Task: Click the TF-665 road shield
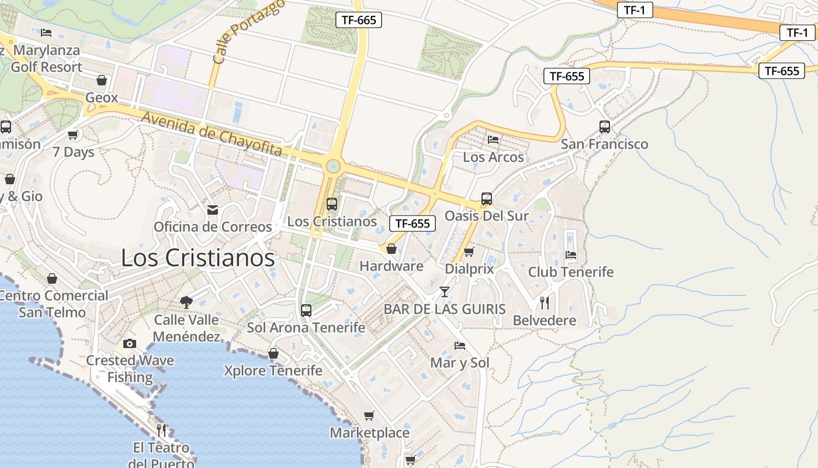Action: [x=359, y=20]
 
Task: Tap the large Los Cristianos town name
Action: [x=197, y=258]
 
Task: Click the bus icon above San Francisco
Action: [x=605, y=126]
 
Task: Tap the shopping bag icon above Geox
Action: [x=102, y=80]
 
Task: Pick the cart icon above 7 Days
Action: [x=73, y=135]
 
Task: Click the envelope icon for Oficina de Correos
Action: [x=213, y=209]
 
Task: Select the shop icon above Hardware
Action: [x=391, y=249]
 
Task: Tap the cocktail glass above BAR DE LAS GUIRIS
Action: [x=445, y=291]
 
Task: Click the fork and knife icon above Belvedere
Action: [x=545, y=302]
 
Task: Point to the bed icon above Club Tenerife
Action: [x=571, y=254]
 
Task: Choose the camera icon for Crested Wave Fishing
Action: [x=130, y=343]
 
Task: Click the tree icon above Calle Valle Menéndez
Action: [x=186, y=302]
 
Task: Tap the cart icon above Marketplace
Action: [x=369, y=415]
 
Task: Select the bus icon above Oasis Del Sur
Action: [x=487, y=199]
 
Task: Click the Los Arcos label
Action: [x=493, y=157]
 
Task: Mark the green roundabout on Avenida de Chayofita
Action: [x=333, y=166]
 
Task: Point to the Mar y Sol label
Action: [x=460, y=363]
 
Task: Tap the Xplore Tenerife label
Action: [x=273, y=371]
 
